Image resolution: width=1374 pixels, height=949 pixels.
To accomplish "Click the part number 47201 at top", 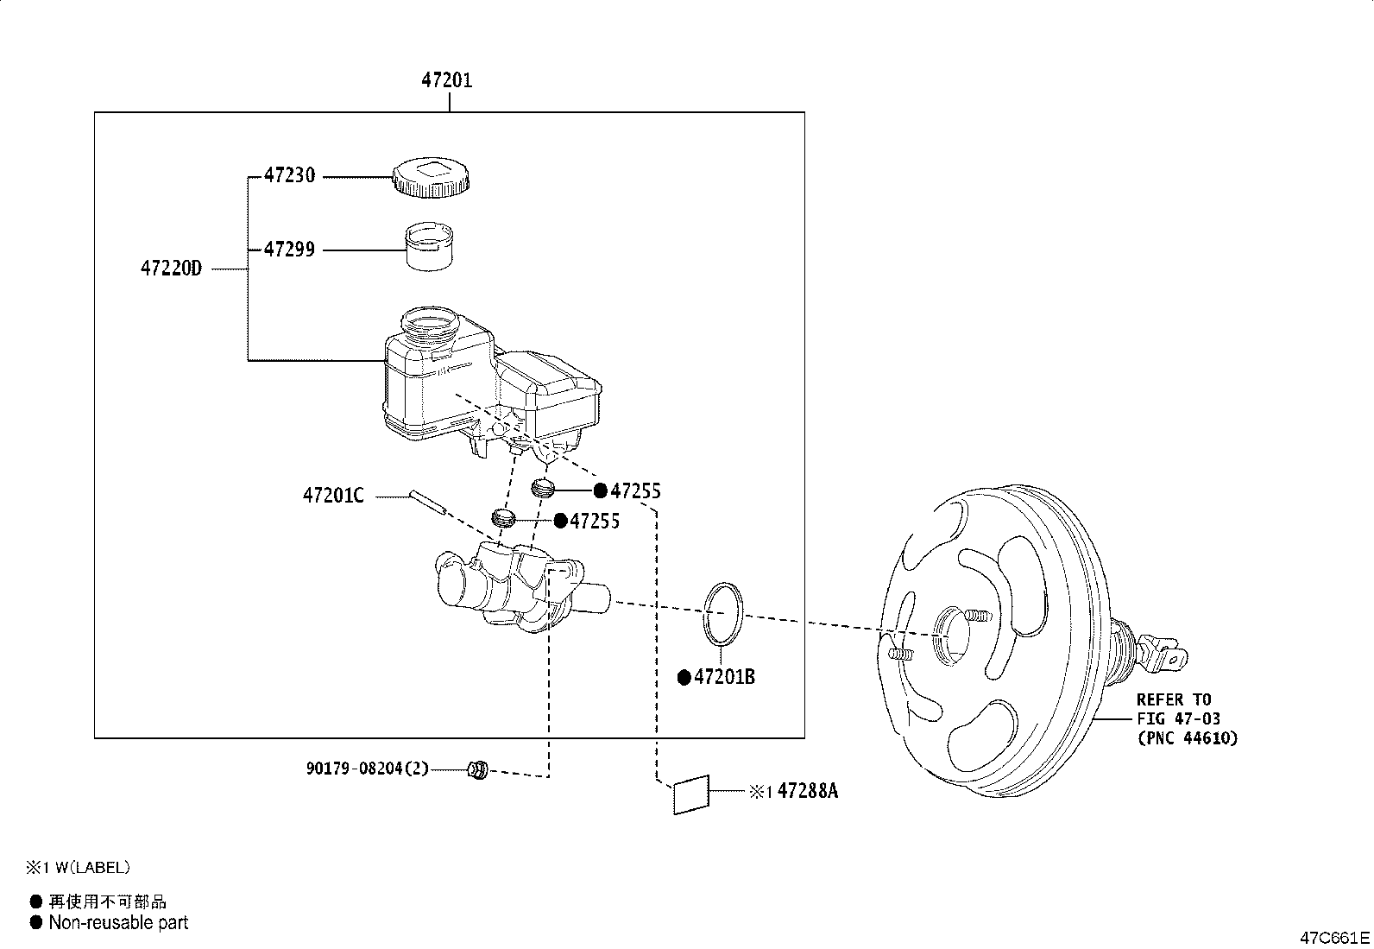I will point(446,80).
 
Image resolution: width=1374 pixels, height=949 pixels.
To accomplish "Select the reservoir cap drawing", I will point(432,177).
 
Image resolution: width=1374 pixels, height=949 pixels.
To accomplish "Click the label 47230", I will point(289,175).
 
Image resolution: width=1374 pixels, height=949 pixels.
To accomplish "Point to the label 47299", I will point(289,250).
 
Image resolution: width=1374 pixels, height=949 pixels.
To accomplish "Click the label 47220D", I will point(171,269).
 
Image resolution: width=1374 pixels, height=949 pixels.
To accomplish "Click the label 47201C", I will point(333,496).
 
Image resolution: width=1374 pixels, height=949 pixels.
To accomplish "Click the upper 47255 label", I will point(635,491).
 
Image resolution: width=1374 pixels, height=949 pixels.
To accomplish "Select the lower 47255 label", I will point(595,521).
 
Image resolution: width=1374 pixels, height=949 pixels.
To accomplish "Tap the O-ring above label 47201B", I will point(724,613).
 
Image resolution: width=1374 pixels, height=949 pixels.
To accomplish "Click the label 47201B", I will point(724,678).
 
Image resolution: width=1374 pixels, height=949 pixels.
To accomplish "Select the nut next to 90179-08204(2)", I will point(477,768).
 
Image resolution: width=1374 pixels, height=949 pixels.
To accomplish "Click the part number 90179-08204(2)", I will point(367,768).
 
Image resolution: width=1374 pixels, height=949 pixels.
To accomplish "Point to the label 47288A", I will point(807,790).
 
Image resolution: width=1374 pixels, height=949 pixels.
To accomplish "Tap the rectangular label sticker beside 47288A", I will point(691,794).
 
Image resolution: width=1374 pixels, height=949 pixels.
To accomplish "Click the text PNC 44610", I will point(1187,737).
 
